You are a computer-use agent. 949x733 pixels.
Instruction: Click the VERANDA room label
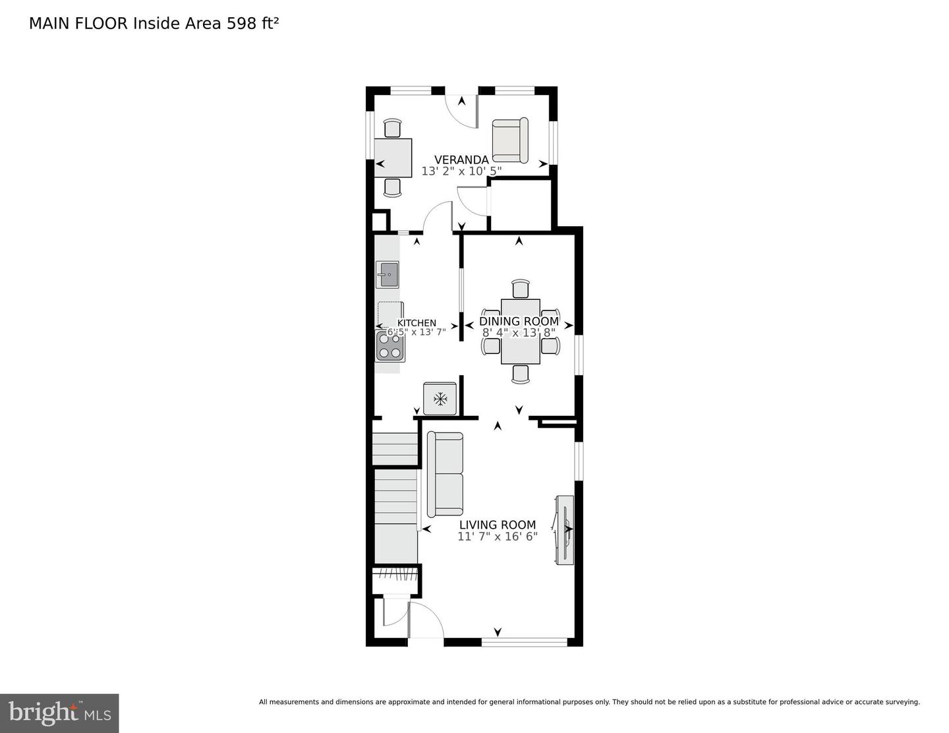[461, 160]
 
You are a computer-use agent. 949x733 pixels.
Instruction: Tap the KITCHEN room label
[416, 323]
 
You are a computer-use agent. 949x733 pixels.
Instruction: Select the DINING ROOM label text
[519, 321]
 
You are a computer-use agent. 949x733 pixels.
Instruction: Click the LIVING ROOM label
[498, 525]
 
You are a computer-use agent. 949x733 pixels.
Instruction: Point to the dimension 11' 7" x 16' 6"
[498, 537]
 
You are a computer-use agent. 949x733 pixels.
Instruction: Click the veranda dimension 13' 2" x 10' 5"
[461, 171]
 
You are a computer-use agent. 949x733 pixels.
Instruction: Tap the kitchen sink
[387, 274]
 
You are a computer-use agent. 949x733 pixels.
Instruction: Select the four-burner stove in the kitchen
[389, 346]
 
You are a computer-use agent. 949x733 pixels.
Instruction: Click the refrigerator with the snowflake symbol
[440, 398]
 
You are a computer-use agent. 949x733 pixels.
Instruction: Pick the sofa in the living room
[445, 474]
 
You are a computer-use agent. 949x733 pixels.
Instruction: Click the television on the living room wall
[565, 529]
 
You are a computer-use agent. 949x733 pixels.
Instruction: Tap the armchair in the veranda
[510, 140]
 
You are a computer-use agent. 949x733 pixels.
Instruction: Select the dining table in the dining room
[520, 332]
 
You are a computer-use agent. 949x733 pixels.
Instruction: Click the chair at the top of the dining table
[521, 289]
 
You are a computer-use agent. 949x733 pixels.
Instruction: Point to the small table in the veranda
[393, 158]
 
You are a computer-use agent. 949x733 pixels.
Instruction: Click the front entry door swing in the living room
[424, 620]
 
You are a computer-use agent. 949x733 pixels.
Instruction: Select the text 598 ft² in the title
[253, 23]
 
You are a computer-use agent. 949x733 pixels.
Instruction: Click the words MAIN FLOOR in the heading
[79, 23]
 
